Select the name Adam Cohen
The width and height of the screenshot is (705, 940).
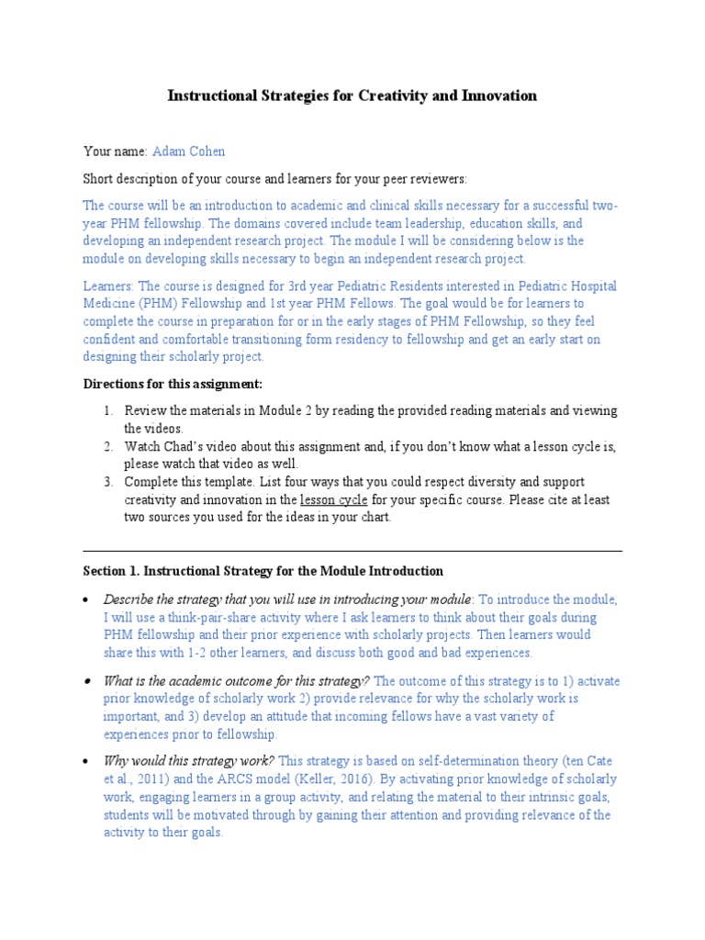point(190,151)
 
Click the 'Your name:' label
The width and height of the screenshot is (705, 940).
point(115,151)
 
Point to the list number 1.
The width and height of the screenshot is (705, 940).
point(106,410)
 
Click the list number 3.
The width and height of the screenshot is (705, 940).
point(106,482)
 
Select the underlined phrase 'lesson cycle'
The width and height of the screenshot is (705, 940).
point(334,500)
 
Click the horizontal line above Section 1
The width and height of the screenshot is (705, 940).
point(352,552)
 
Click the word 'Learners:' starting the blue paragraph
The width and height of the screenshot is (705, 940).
point(108,285)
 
